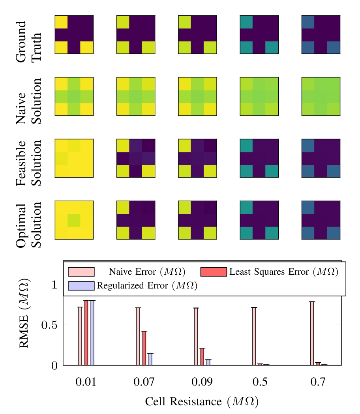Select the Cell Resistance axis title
(x=202, y=402)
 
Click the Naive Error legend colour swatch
(x=81, y=272)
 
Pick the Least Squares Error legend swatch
(x=214, y=272)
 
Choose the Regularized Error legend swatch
(x=81, y=285)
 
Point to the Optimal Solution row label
(x=28, y=225)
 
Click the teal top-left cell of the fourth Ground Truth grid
(x=246, y=22)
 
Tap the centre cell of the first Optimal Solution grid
(x=74, y=220)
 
